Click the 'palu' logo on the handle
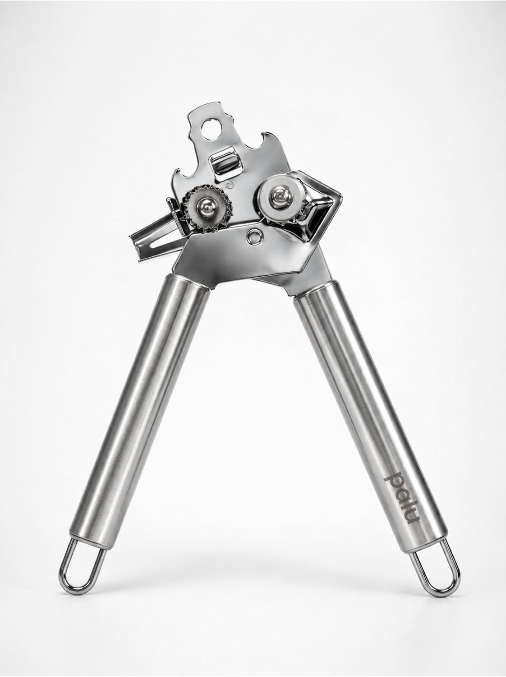(x=402, y=498)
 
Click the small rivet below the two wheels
(x=254, y=236)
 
